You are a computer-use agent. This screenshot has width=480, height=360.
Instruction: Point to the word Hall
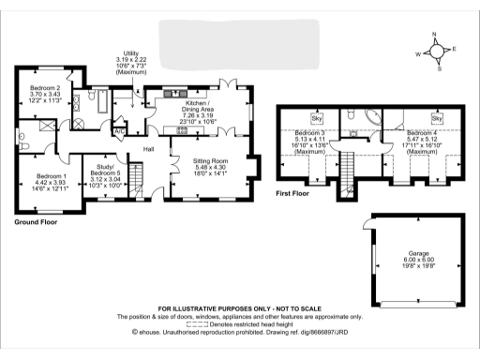pos(147,148)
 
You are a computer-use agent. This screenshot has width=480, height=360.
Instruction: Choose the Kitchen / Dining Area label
pos(196,105)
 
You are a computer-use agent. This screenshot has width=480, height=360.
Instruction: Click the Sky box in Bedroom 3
pos(317,119)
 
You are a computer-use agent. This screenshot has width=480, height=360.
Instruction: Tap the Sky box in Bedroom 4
pos(436,119)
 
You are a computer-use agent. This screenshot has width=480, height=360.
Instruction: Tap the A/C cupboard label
pos(118,131)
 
